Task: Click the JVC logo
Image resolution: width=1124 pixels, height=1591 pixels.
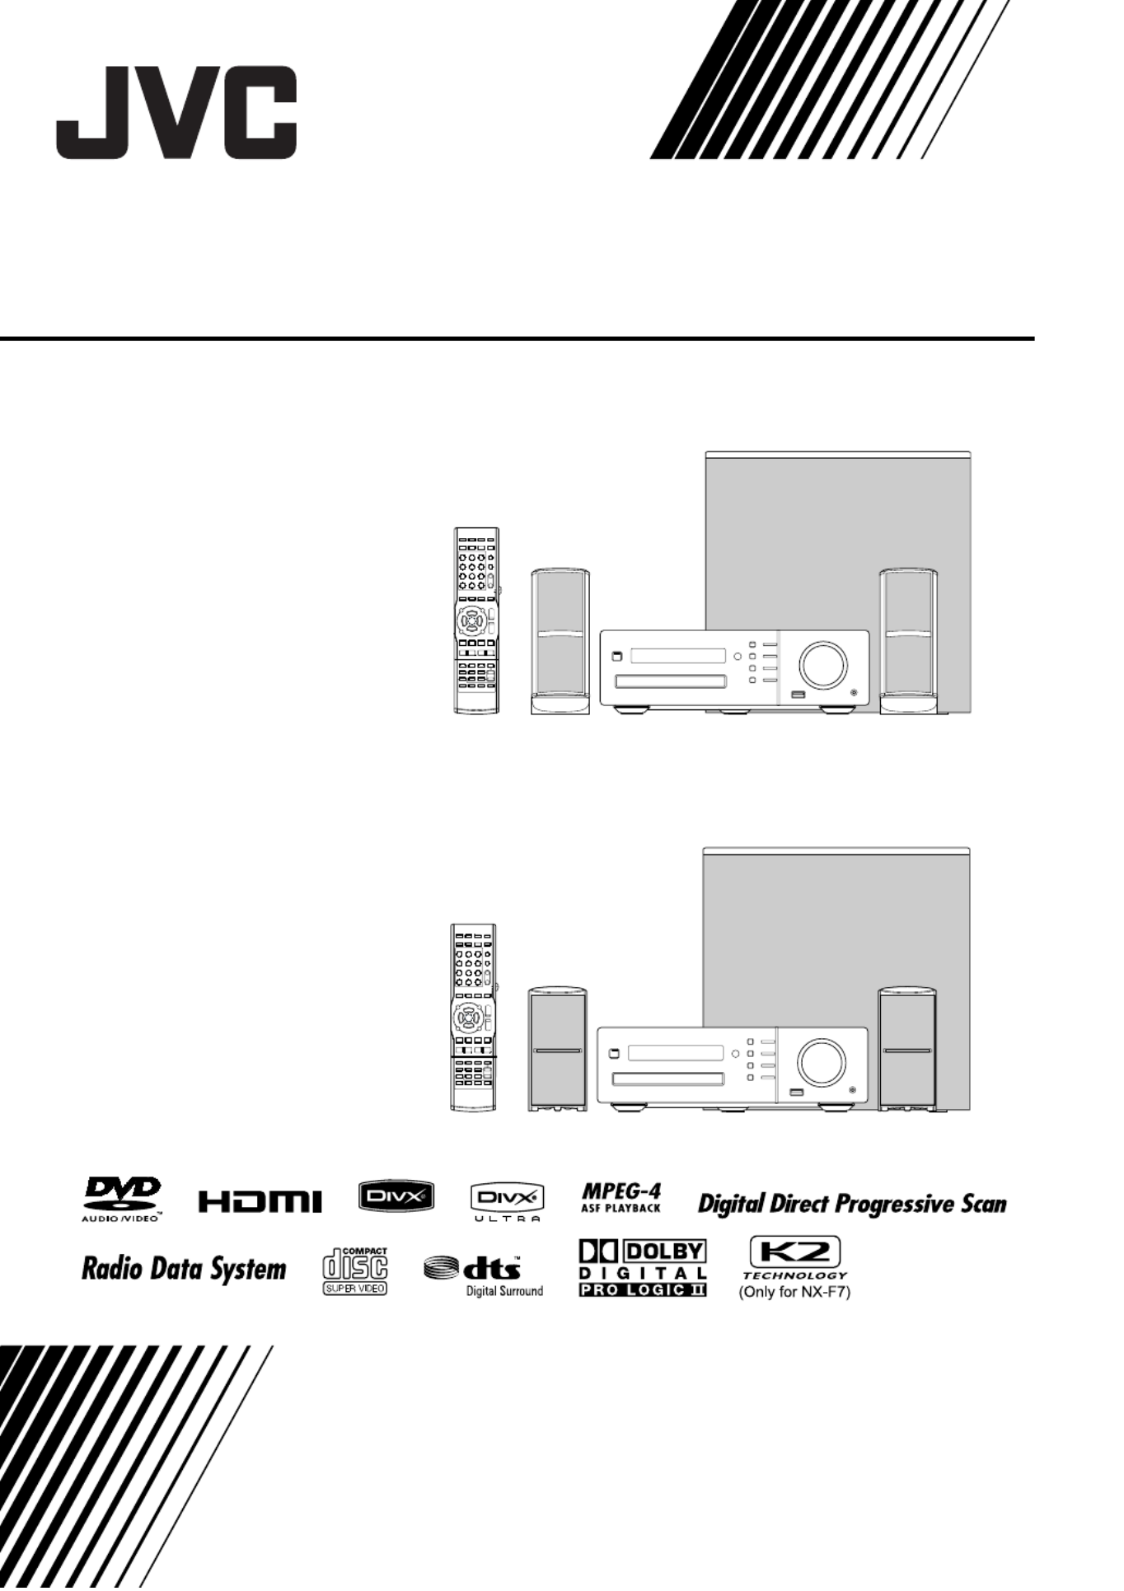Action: coord(176,113)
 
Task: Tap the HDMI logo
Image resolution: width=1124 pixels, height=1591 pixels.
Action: coord(260,1202)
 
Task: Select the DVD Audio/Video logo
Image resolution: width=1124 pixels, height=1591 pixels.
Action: coord(122,1200)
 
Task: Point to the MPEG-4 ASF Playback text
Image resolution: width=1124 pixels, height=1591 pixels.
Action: coord(621,1198)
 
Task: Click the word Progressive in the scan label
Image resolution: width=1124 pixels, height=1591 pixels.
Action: coord(895,1205)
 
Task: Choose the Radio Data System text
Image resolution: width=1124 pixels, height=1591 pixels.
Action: coord(184,1269)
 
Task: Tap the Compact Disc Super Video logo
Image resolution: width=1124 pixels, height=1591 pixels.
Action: coord(355,1271)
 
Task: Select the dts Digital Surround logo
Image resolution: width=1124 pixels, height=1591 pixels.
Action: coord(485,1275)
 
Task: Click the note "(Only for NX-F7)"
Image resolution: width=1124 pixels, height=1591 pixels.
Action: coord(794,1292)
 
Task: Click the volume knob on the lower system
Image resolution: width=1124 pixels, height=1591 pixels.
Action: coord(821,1062)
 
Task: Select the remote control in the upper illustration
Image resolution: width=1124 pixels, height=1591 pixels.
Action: coord(477,620)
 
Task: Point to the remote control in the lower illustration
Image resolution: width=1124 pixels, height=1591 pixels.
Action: coord(474,1017)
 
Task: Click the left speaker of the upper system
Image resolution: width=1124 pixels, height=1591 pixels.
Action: coord(560,641)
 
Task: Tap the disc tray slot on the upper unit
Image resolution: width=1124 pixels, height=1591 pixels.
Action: coord(672,681)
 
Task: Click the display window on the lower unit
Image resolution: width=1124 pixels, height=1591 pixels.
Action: coord(676,1053)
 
